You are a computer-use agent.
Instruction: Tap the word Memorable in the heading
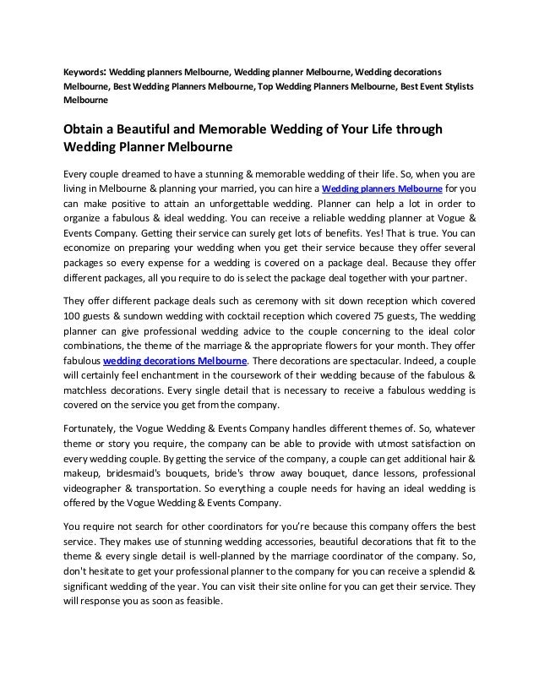point(231,129)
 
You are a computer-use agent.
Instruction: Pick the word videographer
point(101,488)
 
